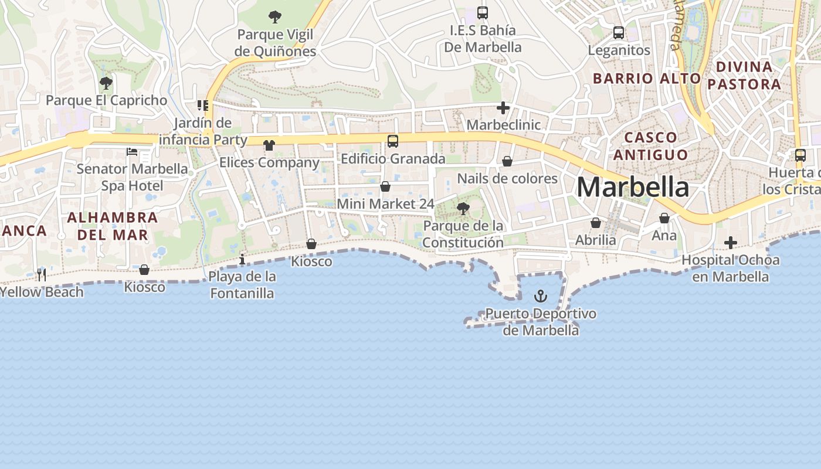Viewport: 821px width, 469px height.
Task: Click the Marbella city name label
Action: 633,187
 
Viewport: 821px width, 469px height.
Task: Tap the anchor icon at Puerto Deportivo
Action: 541,296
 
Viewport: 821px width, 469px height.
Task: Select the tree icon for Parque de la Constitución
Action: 463,208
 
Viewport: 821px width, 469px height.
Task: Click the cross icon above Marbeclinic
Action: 503,108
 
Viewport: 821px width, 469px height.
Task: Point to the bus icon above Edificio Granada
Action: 393,141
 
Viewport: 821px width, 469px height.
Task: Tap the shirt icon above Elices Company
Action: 269,145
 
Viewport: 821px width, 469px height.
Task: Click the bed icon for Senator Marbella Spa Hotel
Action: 132,152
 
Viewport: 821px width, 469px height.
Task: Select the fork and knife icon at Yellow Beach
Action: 42,274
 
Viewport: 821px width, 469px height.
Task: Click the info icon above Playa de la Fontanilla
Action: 242,259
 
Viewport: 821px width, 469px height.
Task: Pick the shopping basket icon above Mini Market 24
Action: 385,187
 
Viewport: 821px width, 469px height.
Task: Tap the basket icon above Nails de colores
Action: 507,161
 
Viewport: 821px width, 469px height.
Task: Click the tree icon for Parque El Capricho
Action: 106,83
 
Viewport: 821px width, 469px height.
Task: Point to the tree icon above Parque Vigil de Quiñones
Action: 275,17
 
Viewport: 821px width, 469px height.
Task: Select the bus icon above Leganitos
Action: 619,33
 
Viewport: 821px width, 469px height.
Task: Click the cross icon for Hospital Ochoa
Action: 730,242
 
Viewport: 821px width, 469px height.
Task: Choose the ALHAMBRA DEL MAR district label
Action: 113,226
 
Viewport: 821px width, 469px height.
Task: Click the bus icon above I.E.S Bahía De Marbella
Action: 483,13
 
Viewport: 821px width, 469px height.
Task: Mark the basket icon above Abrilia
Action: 596,223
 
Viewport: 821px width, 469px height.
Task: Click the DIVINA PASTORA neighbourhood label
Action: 744,75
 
